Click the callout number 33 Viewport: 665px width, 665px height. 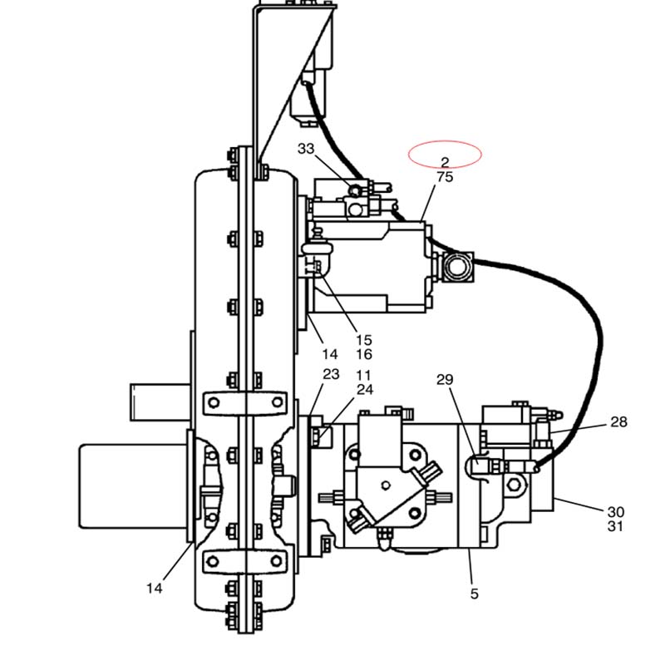(x=306, y=149)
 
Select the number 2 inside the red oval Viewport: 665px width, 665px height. (x=445, y=162)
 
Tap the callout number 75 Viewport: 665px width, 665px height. (x=445, y=177)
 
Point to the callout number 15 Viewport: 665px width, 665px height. (x=364, y=340)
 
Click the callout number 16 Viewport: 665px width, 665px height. (x=364, y=354)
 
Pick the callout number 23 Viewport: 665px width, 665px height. (x=331, y=374)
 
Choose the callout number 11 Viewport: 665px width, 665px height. (x=364, y=375)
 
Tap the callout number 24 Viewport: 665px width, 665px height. (x=365, y=389)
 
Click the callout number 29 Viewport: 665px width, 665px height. (x=445, y=379)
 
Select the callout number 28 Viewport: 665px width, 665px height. (x=618, y=421)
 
